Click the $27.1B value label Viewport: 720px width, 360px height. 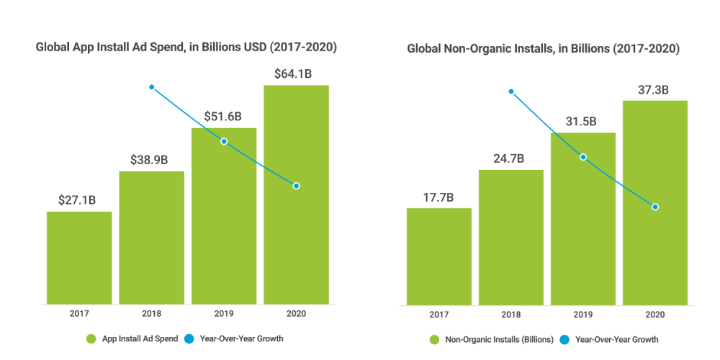78,199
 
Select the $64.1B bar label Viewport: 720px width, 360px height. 295,73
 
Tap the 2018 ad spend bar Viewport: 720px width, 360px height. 151,237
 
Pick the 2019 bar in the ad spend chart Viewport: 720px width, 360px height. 224,215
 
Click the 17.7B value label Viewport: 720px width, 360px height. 438,196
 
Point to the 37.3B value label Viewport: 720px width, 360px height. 654,89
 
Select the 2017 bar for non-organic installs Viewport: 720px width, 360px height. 439,256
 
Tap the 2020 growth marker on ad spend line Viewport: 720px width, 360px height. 296,186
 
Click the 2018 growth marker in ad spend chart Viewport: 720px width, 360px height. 152,87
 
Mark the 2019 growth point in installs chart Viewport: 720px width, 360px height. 583,157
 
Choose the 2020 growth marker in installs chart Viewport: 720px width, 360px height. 655,207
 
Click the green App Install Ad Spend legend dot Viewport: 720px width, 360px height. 91,338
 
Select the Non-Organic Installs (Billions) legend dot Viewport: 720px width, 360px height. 435,338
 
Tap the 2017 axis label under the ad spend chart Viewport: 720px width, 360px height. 79,315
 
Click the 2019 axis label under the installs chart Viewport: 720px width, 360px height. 583,315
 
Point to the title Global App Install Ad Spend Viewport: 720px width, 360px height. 186,48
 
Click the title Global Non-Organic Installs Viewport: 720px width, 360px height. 544,49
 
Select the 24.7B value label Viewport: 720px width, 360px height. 510,158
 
